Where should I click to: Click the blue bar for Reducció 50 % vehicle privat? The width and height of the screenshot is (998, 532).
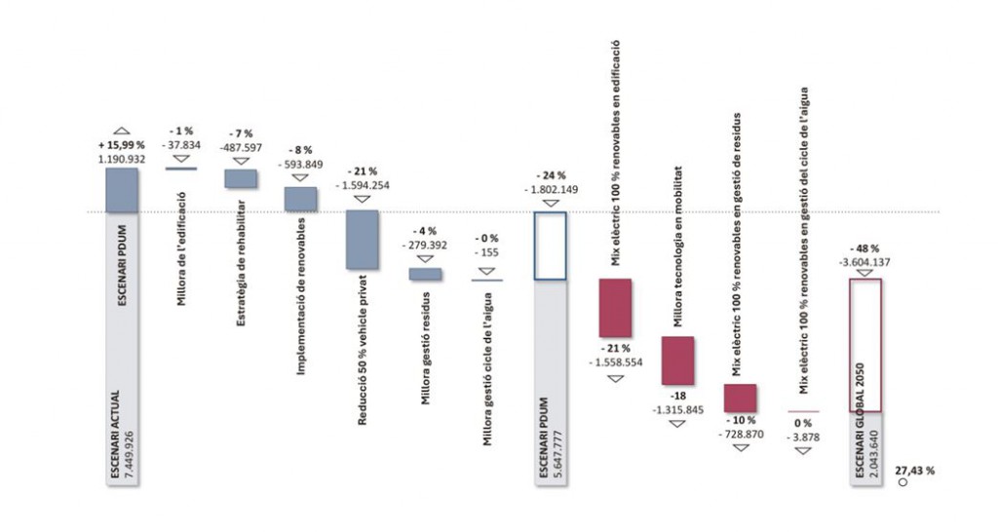[x=362, y=239]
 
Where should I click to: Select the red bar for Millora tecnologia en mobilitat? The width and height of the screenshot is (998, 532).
[x=677, y=361]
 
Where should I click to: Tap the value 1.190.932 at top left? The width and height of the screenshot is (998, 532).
[x=122, y=157]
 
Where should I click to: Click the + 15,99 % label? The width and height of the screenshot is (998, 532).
[x=122, y=144]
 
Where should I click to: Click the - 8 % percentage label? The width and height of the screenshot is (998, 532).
[x=301, y=150]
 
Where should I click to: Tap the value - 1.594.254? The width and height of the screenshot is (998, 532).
[x=363, y=184]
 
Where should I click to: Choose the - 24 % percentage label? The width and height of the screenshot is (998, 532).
[x=551, y=176]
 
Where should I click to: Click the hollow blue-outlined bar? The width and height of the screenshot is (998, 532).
[x=551, y=246]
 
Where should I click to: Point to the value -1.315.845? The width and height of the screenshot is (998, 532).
[x=678, y=409]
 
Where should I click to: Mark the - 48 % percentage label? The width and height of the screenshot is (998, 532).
[x=864, y=247]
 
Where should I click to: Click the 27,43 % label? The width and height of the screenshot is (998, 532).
[x=915, y=470]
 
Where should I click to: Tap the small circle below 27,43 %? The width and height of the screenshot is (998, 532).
[x=902, y=481]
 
